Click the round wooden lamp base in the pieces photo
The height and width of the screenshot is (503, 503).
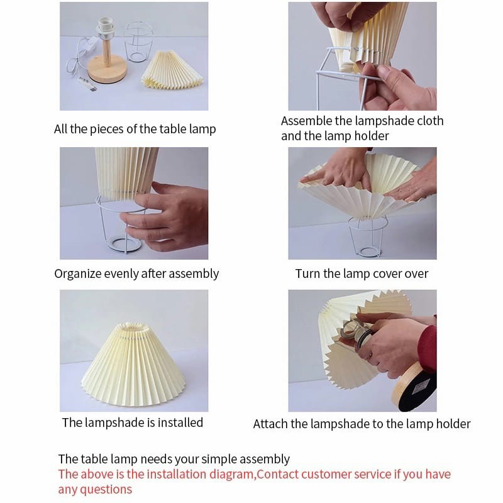coord(106,69)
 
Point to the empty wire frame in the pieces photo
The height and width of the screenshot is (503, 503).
coord(138,41)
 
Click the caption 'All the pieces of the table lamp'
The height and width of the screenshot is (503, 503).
coord(135,129)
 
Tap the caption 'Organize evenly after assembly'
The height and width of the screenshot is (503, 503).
coord(136,274)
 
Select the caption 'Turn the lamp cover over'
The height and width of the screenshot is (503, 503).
coord(362,274)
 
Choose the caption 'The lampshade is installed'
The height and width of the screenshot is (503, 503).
coord(133,423)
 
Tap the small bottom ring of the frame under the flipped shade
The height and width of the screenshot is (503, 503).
coord(368,252)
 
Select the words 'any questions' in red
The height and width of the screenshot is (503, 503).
coord(95,490)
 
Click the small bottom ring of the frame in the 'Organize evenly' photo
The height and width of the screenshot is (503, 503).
coord(124,244)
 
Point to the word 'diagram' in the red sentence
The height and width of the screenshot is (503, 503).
coord(232,475)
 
